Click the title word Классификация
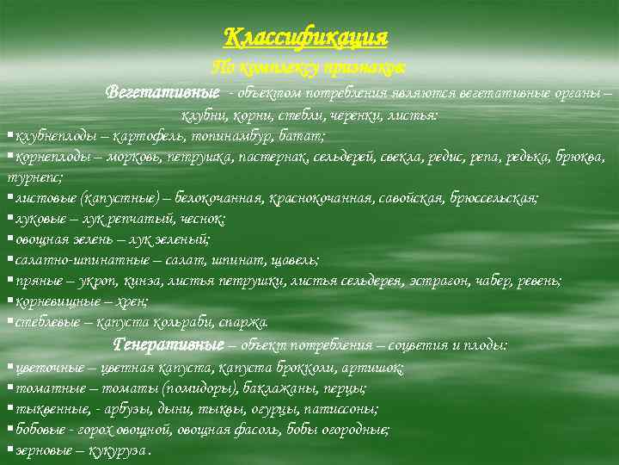(306, 37)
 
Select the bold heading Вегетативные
(162, 92)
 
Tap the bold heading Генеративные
(169, 344)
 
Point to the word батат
(303, 136)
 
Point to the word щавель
(292, 259)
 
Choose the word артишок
(377, 368)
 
